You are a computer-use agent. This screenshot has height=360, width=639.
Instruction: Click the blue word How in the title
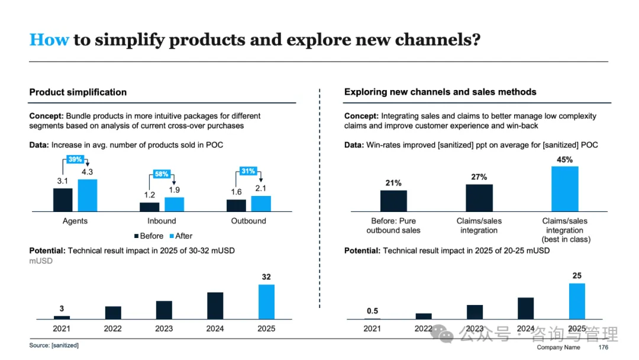click(x=49, y=40)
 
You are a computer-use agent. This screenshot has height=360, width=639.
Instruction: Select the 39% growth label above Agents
click(x=75, y=160)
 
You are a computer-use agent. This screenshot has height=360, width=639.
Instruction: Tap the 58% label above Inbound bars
click(x=162, y=174)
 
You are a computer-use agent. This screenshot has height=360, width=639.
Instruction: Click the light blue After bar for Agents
click(x=87, y=195)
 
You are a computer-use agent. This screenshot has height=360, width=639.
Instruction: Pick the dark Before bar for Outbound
click(x=236, y=205)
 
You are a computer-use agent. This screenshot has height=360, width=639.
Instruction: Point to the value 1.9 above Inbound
click(x=175, y=190)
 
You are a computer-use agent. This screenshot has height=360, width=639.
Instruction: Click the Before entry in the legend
click(x=149, y=236)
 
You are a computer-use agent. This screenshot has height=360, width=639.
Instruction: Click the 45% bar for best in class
click(x=564, y=189)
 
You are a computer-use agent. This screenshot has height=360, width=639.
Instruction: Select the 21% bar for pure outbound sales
click(x=393, y=201)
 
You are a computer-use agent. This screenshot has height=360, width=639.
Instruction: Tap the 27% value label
click(x=479, y=177)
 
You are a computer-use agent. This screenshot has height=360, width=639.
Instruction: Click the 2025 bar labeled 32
click(x=266, y=302)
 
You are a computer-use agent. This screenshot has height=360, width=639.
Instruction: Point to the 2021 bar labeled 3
click(x=62, y=317)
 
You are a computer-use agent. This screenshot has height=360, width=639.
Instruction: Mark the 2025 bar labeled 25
click(x=577, y=301)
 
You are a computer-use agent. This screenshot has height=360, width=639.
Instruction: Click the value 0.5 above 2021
click(x=372, y=311)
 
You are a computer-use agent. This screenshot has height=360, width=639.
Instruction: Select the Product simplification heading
click(x=78, y=92)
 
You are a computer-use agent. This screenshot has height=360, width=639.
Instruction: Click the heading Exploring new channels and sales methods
click(x=440, y=92)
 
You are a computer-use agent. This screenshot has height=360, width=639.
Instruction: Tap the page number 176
click(x=603, y=348)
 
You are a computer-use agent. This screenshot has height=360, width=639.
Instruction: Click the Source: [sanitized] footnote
click(x=54, y=345)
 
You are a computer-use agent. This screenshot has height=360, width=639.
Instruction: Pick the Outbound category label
click(x=248, y=221)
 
